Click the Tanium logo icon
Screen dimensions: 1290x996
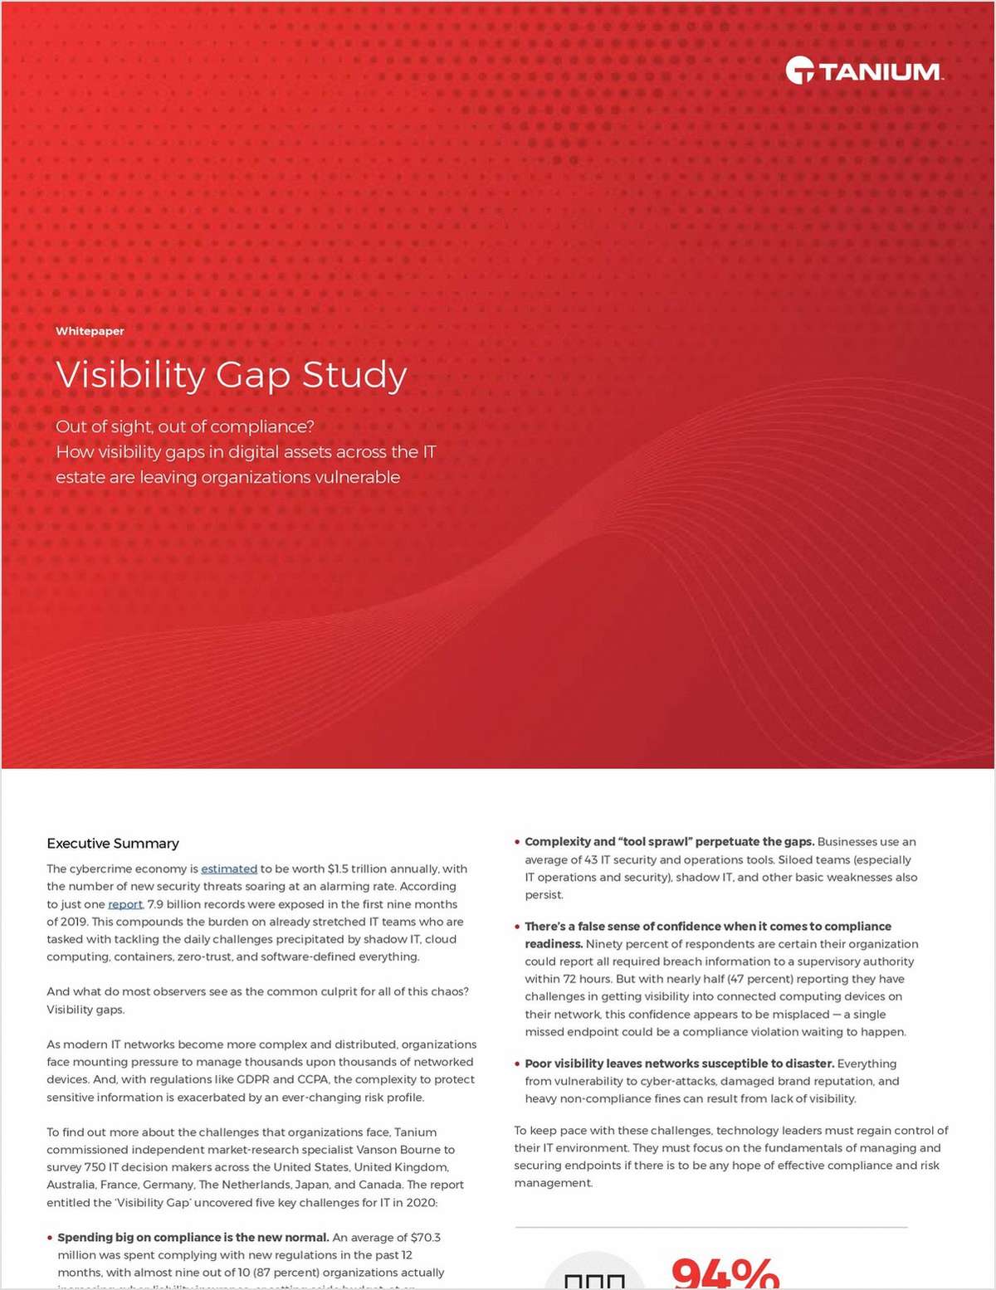799,71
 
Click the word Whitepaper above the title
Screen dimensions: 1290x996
90,331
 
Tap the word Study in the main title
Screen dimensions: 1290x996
354,375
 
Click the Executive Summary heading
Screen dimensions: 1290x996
113,844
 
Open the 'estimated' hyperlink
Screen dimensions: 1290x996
229,869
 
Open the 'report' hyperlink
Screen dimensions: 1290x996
125,904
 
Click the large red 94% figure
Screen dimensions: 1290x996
724,1273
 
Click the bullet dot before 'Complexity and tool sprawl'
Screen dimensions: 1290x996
517,842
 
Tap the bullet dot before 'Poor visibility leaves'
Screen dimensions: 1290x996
517,1064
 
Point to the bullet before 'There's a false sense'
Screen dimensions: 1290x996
517,927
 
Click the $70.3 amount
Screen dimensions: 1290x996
426,1238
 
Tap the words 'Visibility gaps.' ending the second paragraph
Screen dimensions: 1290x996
85,1010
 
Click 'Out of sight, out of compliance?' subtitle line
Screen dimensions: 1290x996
185,426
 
